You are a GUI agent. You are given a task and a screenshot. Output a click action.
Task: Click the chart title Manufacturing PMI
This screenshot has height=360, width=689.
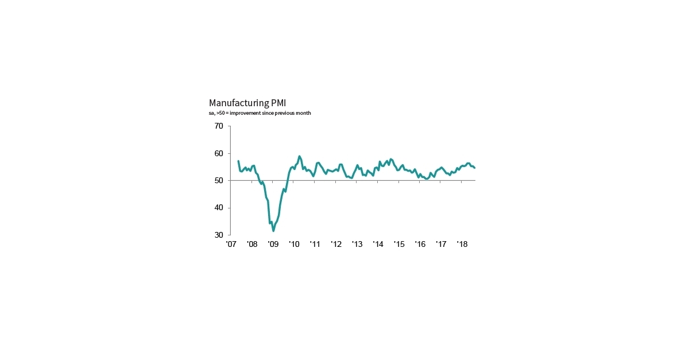point(247,103)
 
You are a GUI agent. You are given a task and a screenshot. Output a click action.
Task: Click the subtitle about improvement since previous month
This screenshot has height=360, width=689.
point(260,113)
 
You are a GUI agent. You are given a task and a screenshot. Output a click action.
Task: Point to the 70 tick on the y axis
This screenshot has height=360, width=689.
point(219,126)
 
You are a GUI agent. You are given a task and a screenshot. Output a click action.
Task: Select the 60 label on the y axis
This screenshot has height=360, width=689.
point(219,153)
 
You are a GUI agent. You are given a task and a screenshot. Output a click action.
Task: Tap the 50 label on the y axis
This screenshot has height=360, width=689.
point(219,180)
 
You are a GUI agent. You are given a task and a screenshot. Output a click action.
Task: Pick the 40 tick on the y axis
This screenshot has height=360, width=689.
point(219,208)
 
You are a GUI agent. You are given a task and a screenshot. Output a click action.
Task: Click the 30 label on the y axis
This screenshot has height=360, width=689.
point(219,235)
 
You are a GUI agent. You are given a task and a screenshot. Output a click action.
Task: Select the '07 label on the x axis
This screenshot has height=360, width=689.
point(231,245)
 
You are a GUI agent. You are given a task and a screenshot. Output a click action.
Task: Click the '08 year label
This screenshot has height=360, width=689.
point(252,245)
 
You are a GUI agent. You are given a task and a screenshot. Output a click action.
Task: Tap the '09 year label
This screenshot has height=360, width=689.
point(273,245)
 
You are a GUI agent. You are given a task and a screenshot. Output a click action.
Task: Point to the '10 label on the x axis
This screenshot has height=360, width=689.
point(294,245)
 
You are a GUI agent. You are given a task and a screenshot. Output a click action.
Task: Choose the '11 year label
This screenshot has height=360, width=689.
point(315,245)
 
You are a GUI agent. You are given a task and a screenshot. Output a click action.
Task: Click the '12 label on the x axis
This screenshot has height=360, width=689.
point(336,245)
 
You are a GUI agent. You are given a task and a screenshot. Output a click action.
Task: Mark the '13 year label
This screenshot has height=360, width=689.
point(357,245)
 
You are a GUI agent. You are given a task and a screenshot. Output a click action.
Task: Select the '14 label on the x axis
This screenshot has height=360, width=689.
point(378,245)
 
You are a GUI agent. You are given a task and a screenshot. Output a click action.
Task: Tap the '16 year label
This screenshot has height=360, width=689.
point(420,245)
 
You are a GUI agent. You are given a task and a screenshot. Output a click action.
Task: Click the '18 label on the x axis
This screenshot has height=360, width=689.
point(462,245)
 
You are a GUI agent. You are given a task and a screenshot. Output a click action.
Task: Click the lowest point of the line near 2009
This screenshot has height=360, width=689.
point(273,231)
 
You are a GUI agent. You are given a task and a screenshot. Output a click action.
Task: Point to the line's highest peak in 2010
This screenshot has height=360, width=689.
point(299,156)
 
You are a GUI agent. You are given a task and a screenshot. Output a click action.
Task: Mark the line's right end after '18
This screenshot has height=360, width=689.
point(475,168)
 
